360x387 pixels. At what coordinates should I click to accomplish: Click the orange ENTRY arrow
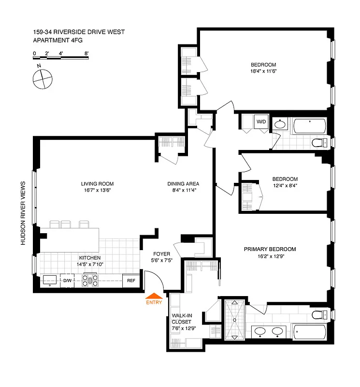(154, 296)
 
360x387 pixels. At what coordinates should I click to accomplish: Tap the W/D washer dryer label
(261, 121)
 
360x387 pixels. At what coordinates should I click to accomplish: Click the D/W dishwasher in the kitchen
(67, 281)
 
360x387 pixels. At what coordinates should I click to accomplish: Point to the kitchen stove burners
(90, 281)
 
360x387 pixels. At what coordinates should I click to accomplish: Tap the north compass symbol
(43, 78)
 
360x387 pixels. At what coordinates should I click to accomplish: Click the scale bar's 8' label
(86, 53)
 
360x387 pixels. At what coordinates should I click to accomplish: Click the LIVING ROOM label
(97, 184)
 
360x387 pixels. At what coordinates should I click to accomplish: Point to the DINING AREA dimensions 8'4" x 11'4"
(183, 191)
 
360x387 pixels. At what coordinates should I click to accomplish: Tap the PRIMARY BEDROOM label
(270, 249)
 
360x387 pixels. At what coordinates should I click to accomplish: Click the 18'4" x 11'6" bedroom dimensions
(263, 72)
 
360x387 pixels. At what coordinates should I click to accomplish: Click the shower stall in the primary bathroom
(234, 320)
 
